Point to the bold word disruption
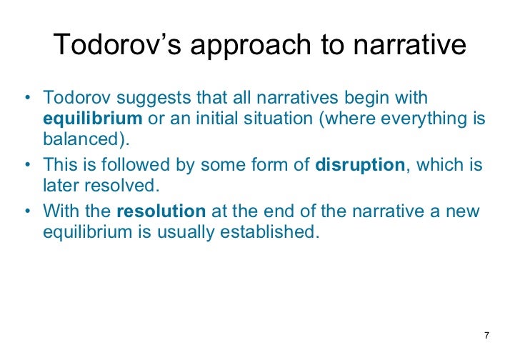(x=361, y=165)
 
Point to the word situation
(x=270, y=117)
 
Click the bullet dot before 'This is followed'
(x=27, y=165)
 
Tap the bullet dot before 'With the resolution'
(x=27, y=212)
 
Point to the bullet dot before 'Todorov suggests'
(x=27, y=97)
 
